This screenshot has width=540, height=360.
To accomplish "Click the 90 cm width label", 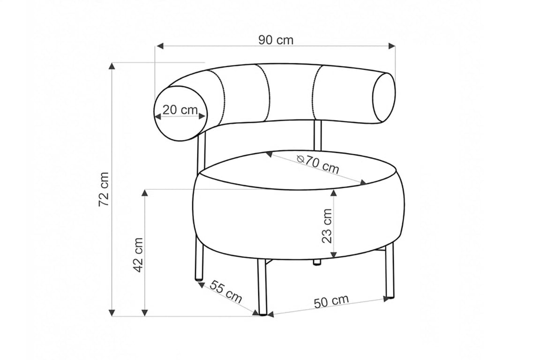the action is click(276, 40).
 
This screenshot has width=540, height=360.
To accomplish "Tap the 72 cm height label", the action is click(104, 189).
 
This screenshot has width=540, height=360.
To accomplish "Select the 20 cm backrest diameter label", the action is click(180, 110).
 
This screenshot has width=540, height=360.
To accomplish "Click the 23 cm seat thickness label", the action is click(327, 226).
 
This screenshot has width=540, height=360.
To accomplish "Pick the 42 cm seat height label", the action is click(138, 255).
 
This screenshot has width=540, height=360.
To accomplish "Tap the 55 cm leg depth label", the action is click(225, 292).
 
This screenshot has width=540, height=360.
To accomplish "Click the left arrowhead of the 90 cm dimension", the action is click(159, 46).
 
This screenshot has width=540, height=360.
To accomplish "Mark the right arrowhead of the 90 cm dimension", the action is click(391, 46).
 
